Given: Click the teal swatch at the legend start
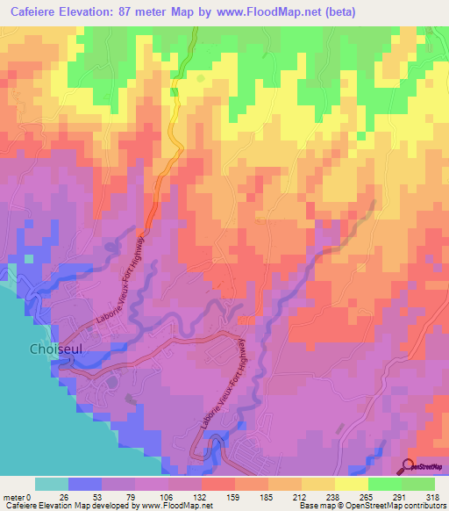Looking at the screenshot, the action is [51, 484].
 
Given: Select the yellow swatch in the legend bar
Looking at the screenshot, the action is [352, 484].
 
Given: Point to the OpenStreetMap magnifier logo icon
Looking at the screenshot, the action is [408, 466].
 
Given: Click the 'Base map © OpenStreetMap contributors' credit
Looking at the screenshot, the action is [369, 507].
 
